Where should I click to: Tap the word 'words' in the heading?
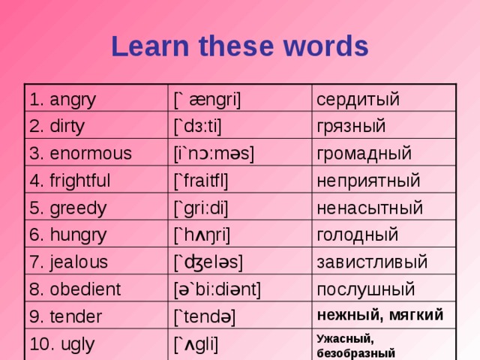click(328, 46)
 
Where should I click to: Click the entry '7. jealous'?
click(67, 262)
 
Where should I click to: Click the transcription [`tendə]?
click(204, 316)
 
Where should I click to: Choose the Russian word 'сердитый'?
click(357, 99)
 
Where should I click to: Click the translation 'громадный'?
click(364, 154)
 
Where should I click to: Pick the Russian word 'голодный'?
click(358, 234)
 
